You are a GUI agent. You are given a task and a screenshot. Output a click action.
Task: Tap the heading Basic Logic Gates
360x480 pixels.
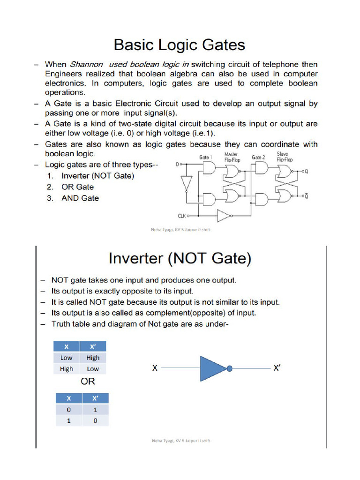click(x=180, y=45)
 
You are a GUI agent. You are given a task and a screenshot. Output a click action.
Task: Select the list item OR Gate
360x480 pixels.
click(x=78, y=187)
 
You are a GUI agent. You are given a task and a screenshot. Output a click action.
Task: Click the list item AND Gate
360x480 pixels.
click(x=80, y=198)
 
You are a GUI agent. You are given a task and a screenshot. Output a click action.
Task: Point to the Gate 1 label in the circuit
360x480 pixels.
click(x=205, y=157)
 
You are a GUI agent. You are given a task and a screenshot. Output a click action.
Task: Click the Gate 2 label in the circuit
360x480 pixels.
click(x=258, y=157)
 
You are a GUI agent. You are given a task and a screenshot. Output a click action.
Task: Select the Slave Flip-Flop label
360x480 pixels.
click(x=283, y=157)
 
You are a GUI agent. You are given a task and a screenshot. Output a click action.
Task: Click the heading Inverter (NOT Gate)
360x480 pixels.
click(x=180, y=258)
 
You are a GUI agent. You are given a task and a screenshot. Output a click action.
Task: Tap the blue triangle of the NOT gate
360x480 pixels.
click(x=212, y=368)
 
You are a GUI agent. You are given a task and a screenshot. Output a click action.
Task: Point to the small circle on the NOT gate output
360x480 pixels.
click(x=229, y=369)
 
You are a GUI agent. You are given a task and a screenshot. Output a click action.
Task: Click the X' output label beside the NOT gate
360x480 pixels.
click(x=277, y=368)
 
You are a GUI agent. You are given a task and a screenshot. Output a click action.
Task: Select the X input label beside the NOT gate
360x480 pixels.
click(x=154, y=369)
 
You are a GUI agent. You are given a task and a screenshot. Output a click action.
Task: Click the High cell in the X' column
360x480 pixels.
click(x=93, y=358)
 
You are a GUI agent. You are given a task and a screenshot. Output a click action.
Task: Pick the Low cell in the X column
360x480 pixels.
click(x=67, y=358)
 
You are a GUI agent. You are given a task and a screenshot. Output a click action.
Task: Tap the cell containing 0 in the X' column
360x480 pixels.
click(x=95, y=420)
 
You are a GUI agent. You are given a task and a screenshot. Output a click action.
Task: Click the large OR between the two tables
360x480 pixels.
click(x=88, y=381)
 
